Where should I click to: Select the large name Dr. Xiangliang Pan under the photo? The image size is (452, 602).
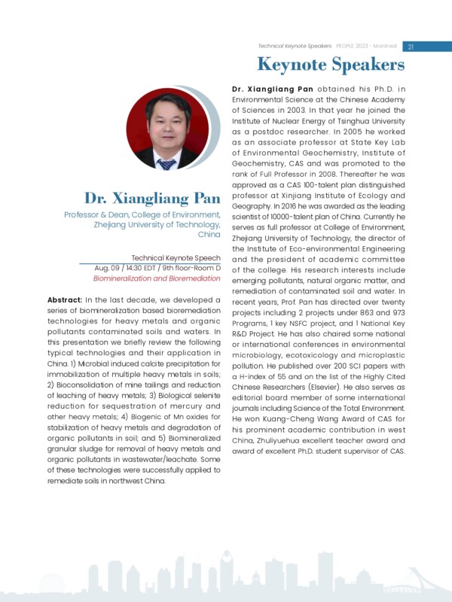click(x=152, y=199)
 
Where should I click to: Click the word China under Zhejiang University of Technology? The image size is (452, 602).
click(x=209, y=235)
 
